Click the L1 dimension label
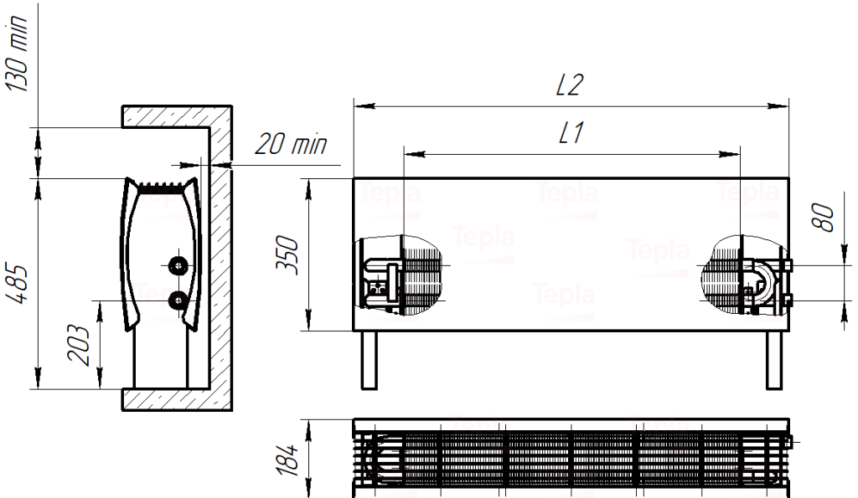571,133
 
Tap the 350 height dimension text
287,254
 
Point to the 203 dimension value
78,345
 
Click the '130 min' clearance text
17,53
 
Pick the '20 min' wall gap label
291,144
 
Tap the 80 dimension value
823,218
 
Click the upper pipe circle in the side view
178,265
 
